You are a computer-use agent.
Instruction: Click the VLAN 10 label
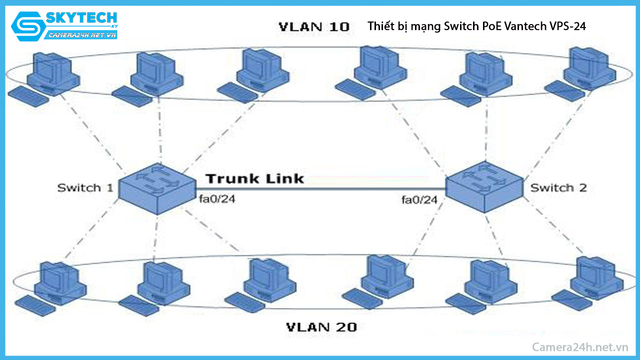(313, 27)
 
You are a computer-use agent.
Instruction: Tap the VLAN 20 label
(321, 327)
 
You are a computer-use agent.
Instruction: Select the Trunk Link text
(254, 178)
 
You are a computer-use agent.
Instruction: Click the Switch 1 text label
(85, 188)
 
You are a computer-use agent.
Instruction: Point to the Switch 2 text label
(558, 188)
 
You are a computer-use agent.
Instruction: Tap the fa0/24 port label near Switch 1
(217, 200)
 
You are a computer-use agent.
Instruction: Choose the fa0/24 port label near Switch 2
(419, 200)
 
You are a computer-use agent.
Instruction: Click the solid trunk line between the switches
(320, 189)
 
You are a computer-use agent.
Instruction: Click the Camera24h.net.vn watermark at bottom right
(579, 347)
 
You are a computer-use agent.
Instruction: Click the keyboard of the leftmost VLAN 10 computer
(29, 95)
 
